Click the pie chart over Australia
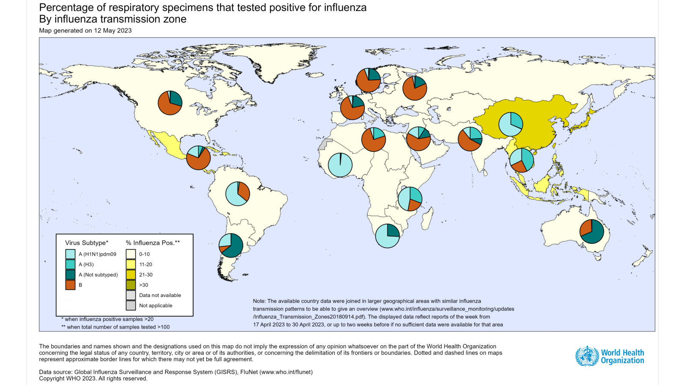coord(592,231)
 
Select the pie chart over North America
coord(170,103)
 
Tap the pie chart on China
coord(511,124)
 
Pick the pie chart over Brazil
coord(238,194)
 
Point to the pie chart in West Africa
coord(340,165)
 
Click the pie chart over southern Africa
coord(387,236)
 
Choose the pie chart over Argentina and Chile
coord(231,245)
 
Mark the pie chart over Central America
coord(198,158)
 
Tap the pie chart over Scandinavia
coord(368,80)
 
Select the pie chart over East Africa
coord(410,199)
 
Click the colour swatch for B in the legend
coord(70,285)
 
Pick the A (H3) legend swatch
coord(70,264)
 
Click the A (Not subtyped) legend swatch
coord(70,275)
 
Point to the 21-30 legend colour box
coord(131,275)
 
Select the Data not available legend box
coord(131,295)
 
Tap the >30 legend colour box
coord(131,285)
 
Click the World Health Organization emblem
coord(587,356)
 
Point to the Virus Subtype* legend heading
coord(86,243)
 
